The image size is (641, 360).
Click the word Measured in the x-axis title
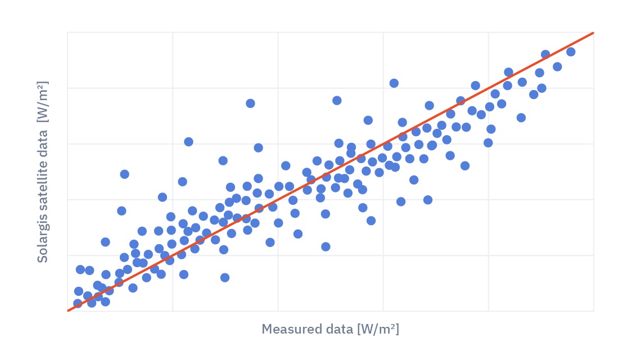point(289,329)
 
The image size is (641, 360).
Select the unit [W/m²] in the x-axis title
point(378,329)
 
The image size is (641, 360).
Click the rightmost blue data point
point(571,52)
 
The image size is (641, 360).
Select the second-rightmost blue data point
point(557,66)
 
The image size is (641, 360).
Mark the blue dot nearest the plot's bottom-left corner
point(78,303)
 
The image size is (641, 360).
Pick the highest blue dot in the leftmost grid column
point(124,174)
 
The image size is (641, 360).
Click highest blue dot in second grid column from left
point(250,103)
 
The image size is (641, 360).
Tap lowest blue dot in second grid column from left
point(225,277)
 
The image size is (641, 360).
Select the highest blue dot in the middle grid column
point(337,100)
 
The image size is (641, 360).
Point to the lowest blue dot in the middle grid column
point(326,246)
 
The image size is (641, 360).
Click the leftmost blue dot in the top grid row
point(394,83)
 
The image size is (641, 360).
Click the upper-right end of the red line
point(593,33)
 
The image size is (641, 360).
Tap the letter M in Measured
point(267,329)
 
